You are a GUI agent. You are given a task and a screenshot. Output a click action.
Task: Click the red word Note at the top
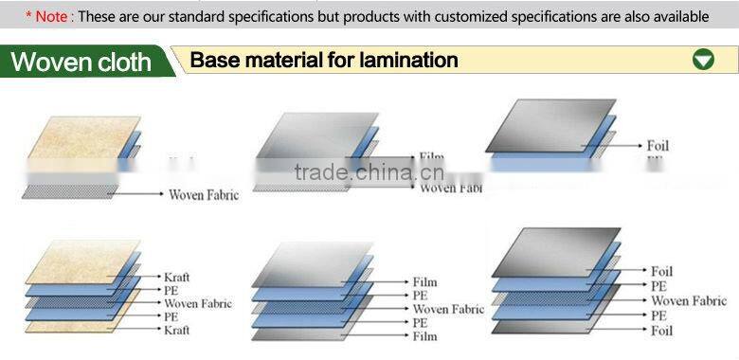pyautogui.click(x=53, y=16)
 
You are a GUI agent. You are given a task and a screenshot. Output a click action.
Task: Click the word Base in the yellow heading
pyautogui.click(x=213, y=61)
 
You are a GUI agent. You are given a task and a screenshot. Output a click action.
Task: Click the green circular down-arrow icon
pyautogui.click(x=703, y=60)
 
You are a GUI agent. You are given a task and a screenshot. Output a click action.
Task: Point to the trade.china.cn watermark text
pyautogui.click(x=369, y=172)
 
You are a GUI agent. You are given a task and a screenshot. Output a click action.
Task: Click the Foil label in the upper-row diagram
pyautogui.click(x=658, y=146)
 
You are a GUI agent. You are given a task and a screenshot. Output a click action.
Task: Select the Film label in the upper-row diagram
pyautogui.click(x=431, y=158)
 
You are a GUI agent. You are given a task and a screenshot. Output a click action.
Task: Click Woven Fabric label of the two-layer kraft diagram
pyautogui.click(x=204, y=195)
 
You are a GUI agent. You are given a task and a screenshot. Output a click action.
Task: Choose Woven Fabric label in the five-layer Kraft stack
pyautogui.click(x=198, y=303)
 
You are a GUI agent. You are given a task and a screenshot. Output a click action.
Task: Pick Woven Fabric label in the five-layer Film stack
pyautogui.click(x=448, y=309)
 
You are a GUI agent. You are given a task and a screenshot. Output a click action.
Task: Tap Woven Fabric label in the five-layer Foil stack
pyautogui.click(x=689, y=300)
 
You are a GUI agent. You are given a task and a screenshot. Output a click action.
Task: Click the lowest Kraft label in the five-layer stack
pyautogui.click(x=176, y=330)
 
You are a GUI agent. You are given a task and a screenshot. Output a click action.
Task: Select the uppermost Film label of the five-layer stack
pyautogui.click(x=424, y=282)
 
